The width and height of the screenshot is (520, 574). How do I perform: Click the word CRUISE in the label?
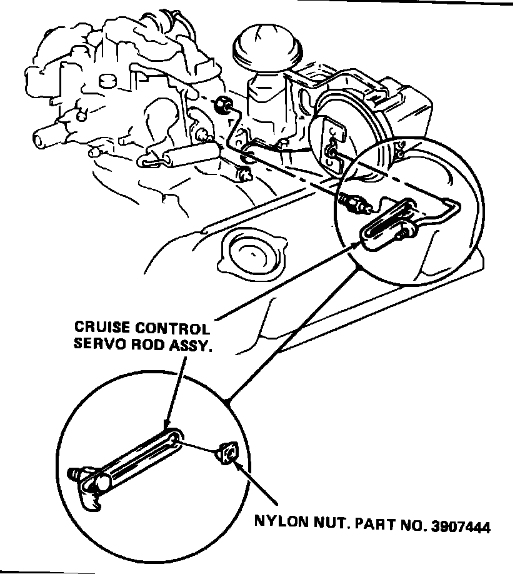99,327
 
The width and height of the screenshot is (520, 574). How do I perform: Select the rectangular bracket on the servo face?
331,138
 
